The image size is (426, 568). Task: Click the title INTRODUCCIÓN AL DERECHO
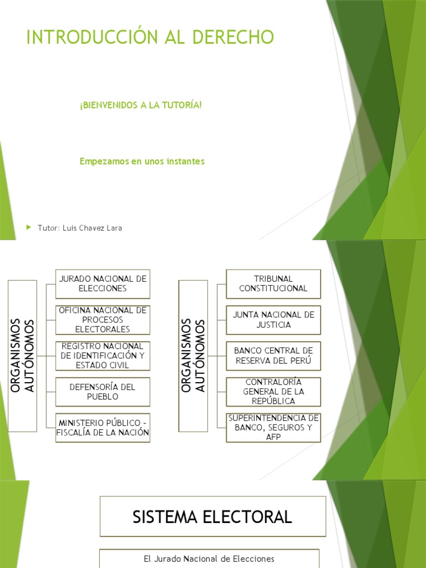click(x=150, y=37)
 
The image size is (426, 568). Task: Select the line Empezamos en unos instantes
click(x=142, y=161)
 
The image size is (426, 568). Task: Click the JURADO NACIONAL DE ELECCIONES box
click(x=103, y=283)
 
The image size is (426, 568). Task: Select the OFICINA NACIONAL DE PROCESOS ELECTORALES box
click(x=103, y=319)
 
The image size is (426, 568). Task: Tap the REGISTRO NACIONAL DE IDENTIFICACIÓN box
click(x=103, y=356)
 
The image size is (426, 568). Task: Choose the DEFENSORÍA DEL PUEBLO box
click(x=103, y=392)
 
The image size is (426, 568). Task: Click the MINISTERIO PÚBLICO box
click(x=103, y=428)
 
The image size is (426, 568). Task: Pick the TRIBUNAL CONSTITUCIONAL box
click(x=273, y=283)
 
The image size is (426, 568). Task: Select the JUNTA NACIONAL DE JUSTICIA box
click(x=273, y=319)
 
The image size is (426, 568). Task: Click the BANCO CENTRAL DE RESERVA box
click(x=273, y=356)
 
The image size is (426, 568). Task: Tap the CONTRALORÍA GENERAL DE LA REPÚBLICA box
click(x=273, y=392)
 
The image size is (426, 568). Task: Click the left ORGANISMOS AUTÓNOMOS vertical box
click(x=23, y=356)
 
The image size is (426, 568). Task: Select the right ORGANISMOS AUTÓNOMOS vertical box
click(x=193, y=356)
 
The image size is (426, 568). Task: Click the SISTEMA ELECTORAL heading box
click(x=212, y=517)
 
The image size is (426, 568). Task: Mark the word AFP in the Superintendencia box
click(x=273, y=437)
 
